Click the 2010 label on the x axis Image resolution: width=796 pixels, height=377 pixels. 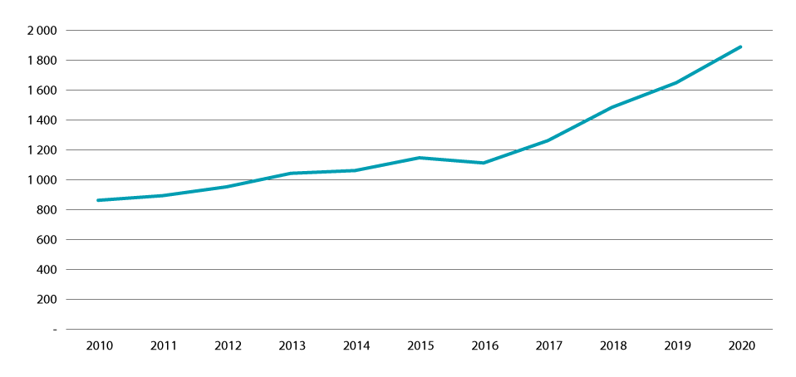(99, 345)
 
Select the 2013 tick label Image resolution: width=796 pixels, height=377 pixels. (291, 345)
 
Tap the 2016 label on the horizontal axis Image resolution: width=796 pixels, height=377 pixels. (484, 345)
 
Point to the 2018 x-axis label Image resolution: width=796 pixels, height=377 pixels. (612, 345)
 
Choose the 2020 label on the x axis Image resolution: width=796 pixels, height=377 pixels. (740, 345)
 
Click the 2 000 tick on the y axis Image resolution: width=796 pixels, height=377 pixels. (41, 31)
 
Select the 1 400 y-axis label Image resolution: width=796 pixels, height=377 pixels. (41, 120)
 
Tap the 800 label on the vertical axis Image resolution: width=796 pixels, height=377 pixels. (46, 210)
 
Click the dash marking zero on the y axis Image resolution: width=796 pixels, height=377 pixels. (55, 330)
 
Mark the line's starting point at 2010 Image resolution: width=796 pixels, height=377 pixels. (99, 200)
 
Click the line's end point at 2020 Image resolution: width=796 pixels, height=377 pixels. (740, 47)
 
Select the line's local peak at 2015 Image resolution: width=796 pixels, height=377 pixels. (420, 158)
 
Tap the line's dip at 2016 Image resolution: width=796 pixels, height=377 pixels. (484, 163)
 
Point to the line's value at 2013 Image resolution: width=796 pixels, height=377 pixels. (291, 174)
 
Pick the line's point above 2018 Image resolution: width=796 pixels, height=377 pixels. (612, 107)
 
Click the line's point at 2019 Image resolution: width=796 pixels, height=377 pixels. (676, 82)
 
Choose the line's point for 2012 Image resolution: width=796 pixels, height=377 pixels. (227, 187)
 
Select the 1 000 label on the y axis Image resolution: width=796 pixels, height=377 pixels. (41, 180)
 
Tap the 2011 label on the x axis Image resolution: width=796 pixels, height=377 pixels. (163, 345)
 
